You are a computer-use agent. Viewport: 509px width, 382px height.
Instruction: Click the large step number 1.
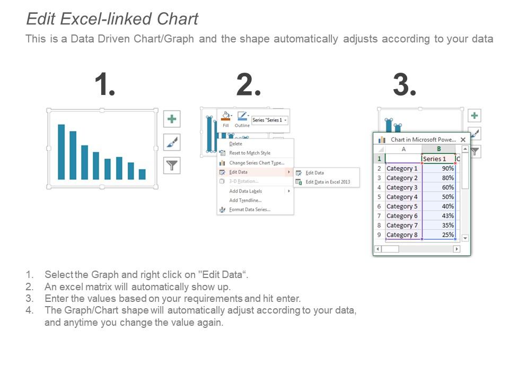tap(104, 85)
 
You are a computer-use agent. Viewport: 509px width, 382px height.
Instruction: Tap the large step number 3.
tap(404, 85)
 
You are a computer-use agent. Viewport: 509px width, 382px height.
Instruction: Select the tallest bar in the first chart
tap(62, 152)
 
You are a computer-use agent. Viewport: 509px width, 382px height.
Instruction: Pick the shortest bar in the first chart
tap(142, 175)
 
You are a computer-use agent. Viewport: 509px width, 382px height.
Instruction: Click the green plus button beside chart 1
tap(171, 119)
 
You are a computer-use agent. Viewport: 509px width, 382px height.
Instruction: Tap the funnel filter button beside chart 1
tap(171, 166)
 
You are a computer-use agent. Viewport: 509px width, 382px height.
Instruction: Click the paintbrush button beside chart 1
tap(171, 142)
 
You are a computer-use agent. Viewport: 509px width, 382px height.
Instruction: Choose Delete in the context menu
tap(235, 144)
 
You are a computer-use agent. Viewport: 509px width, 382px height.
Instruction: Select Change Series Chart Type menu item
tap(256, 163)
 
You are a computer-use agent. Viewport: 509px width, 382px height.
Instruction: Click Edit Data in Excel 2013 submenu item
tap(328, 182)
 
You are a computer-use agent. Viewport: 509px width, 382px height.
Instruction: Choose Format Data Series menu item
tap(249, 210)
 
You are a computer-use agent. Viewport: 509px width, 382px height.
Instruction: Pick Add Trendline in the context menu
tap(245, 201)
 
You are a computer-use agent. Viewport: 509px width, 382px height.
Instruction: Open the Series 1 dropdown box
tap(270, 120)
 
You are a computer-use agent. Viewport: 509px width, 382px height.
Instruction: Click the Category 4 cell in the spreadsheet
tap(402, 197)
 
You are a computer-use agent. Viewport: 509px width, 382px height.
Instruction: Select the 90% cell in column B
tap(439, 168)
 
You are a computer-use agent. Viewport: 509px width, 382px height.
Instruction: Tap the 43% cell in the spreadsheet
tap(439, 216)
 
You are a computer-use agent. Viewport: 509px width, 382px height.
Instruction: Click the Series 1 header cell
tap(438, 159)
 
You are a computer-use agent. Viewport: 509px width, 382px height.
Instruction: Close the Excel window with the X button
tap(463, 140)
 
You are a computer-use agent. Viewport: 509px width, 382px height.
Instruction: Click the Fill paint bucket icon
tap(225, 116)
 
